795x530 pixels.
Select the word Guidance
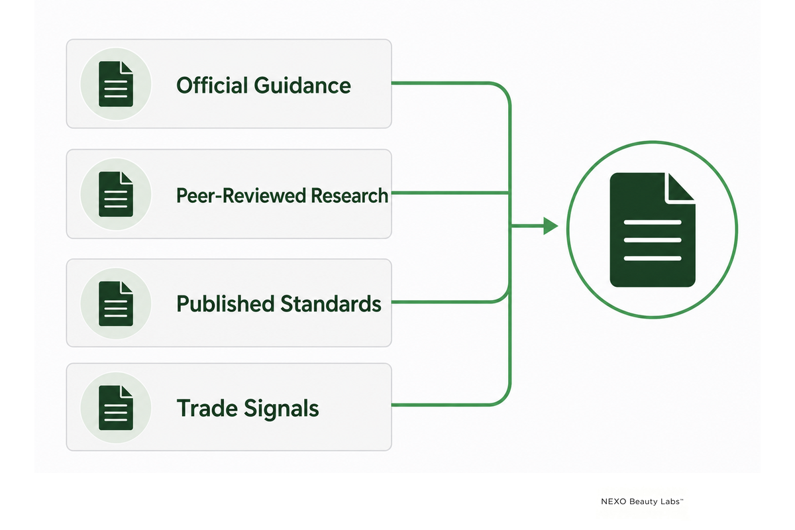tap(302, 85)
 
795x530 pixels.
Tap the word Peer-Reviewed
tap(241, 196)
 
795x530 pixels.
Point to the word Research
tap(350, 195)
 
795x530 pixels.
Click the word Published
tap(225, 304)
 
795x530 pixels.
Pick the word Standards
tap(331, 304)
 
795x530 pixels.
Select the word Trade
tap(207, 408)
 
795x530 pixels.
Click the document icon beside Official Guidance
tap(116, 84)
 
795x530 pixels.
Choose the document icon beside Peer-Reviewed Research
tap(116, 194)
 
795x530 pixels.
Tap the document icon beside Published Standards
tap(116, 303)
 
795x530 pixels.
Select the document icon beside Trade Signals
tap(116, 407)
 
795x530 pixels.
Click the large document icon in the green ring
tap(653, 230)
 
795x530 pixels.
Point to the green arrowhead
tap(551, 226)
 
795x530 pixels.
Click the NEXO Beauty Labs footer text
tap(642, 502)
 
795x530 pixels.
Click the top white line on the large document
tap(653, 223)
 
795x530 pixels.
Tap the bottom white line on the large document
tap(653, 258)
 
